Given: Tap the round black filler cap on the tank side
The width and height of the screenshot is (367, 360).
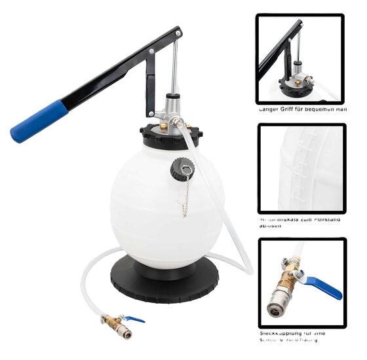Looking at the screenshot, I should [x=179, y=170].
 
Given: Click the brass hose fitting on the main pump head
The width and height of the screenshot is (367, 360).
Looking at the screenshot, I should [x=176, y=122].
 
